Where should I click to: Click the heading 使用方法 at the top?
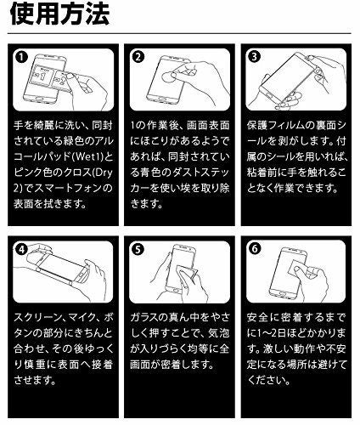pos(59,14)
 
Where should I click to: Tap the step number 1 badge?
pos(21,57)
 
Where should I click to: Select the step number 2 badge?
pos(138,57)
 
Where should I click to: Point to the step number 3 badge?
pos(254,57)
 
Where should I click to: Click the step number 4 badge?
pos(21,249)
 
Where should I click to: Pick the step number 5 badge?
pos(138,249)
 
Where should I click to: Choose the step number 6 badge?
pos(255,249)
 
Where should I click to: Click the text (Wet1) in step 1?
pos(87,156)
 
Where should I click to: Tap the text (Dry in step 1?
pos(101,173)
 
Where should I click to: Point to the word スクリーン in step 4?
pos(37,317)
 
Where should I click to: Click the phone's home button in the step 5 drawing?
pos(176,292)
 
